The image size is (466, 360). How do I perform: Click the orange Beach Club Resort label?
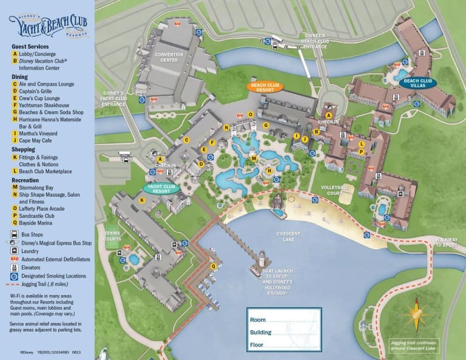pyautogui.click(x=265, y=86)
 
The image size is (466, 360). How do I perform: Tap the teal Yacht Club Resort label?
pyautogui.click(x=161, y=188)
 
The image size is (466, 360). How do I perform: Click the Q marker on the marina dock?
pyautogui.click(x=213, y=266)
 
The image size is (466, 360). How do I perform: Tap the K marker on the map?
pyautogui.click(x=141, y=200)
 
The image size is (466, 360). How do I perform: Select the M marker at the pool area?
pyautogui.click(x=254, y=158)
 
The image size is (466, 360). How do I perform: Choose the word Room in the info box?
pyautogui.click(x=258, y=319)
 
